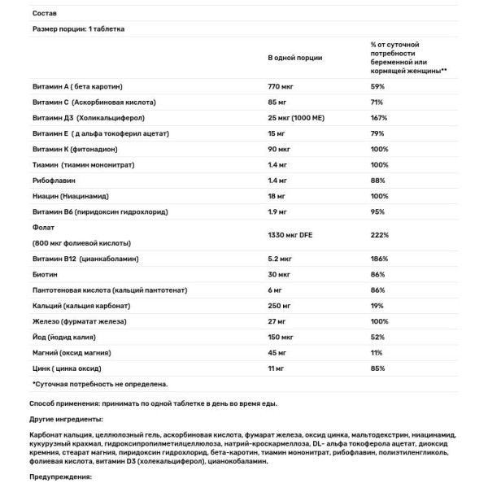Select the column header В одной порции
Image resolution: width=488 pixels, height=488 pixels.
click(x=294, y=59)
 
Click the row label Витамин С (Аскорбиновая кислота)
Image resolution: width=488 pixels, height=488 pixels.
click(x=94, y=102)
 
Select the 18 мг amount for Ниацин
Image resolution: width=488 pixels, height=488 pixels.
click(x=279, y=196)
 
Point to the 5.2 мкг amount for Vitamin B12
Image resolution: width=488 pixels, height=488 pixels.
click(x=281, y=259)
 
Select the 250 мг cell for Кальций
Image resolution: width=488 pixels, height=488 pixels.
click(x=281, y=305)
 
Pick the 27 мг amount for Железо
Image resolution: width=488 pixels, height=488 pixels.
click(x=278, y=320)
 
